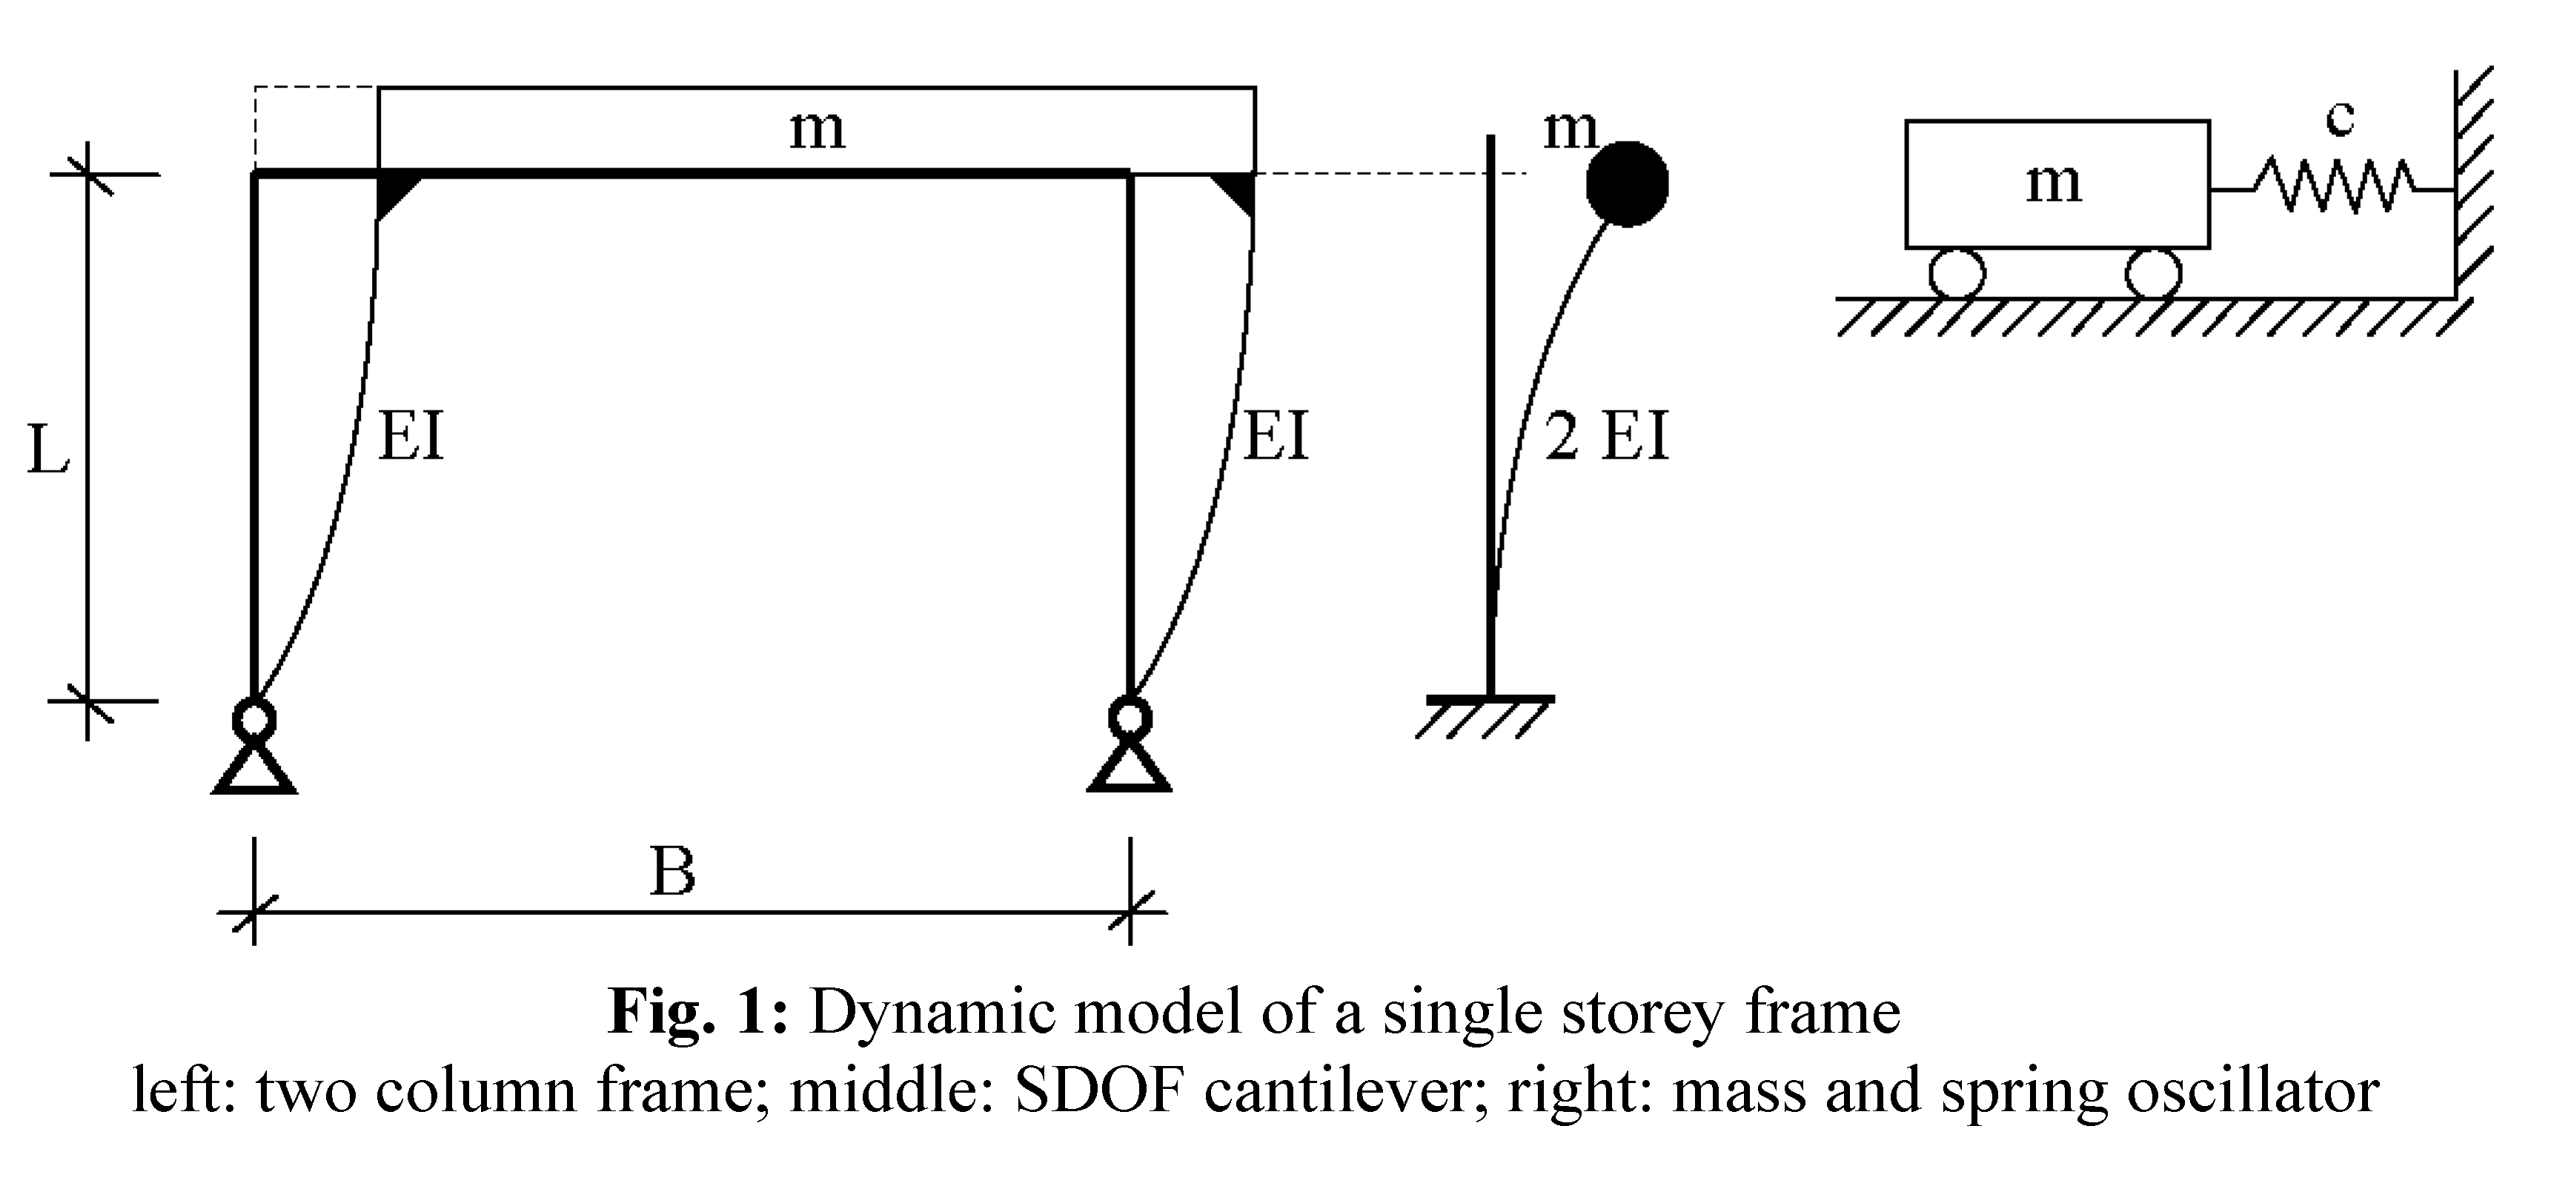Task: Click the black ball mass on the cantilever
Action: [x=1627, y=184]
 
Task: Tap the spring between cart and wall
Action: [x=2332, y=187]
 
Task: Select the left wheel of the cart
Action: [x=1957, y=273]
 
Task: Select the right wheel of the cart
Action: [x=2153, y=273]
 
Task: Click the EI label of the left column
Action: [x=411, y=436]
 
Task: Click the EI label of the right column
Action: [x=1276, y=436]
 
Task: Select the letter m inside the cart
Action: [x=2053, y=183]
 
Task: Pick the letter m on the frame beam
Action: [x=817, y=129]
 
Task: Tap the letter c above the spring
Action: [x=2340, y=119]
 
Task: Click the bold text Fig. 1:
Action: [x=698, y=1013]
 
